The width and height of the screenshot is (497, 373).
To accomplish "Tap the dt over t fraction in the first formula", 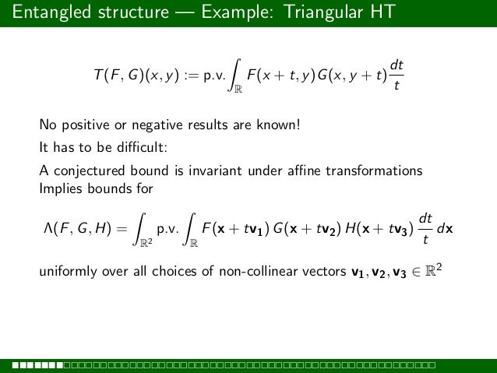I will [x=397, y=78].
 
